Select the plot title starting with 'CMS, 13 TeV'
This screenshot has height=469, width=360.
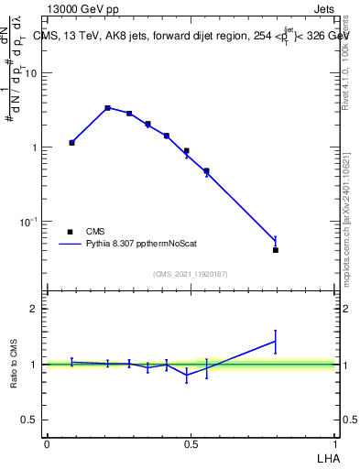pyautogui.click(x=191, y=35)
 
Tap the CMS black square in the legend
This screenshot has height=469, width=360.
pyautogui.click(x=70, y=232)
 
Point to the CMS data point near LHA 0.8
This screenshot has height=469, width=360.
pyautogui.click(x=276, y=250)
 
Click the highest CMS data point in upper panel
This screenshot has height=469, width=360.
pyautogui.click(x=107, y=108)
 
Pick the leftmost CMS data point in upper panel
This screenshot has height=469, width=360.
pyautogui.click(x=71, y=143)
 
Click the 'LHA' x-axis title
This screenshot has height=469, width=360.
pyautogui.click(x=327, y=457)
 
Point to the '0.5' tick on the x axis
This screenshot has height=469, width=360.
pyautogui.click(x=191, y=444)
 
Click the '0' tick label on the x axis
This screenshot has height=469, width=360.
pyautogui.click(x=46, y=444)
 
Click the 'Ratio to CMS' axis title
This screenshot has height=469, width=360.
pyautogui.click(x=14, y=365)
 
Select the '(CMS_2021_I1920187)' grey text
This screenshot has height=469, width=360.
pyautogui.click(x=191, y=273)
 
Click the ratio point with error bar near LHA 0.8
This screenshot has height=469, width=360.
pyautogui.click(x=276, y=342)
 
